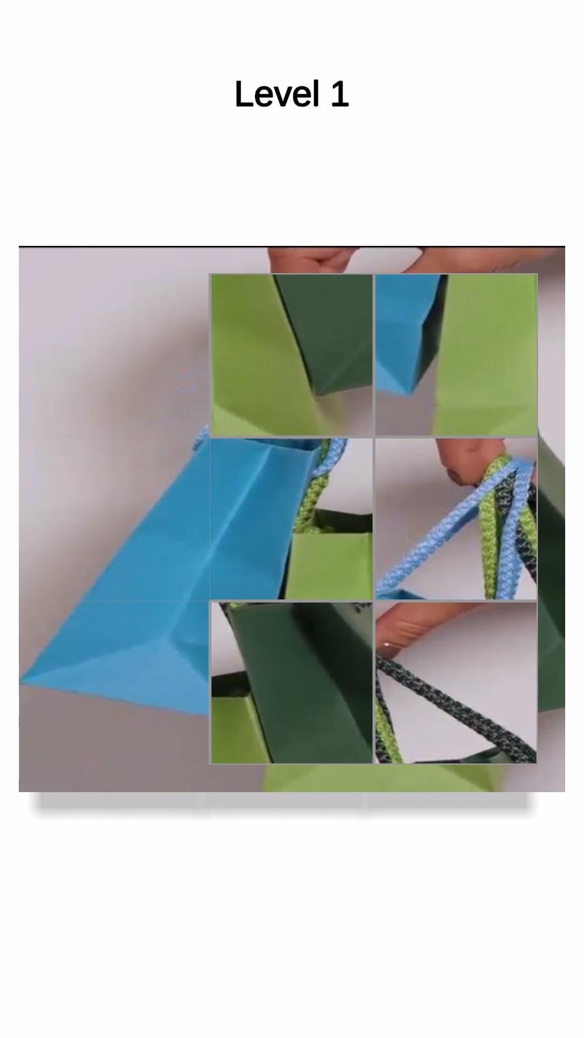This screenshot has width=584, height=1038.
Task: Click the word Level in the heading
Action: [277, 94]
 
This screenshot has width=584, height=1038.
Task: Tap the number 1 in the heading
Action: [339, 94]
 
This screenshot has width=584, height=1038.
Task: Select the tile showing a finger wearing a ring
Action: [456, 682]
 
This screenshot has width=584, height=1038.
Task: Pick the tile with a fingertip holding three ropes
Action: [456, 519]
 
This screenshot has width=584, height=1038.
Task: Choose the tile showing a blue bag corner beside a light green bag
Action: [456, 355]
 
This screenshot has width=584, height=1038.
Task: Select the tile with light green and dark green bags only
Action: [291, 355]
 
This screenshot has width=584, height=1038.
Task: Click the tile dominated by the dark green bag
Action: [291, 682]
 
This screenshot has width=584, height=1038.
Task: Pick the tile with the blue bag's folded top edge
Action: [291, 519]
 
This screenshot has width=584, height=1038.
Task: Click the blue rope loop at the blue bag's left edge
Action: [201, 438]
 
